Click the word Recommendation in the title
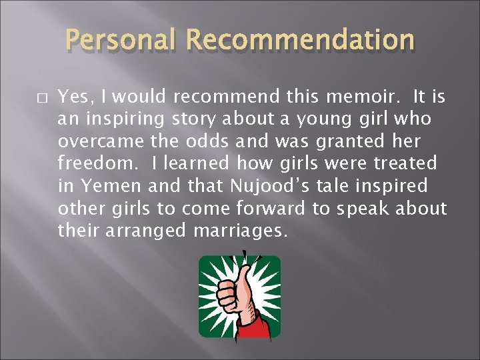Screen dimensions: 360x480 (x=300, y=42)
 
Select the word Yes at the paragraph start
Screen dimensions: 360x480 (x=74, y=98)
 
